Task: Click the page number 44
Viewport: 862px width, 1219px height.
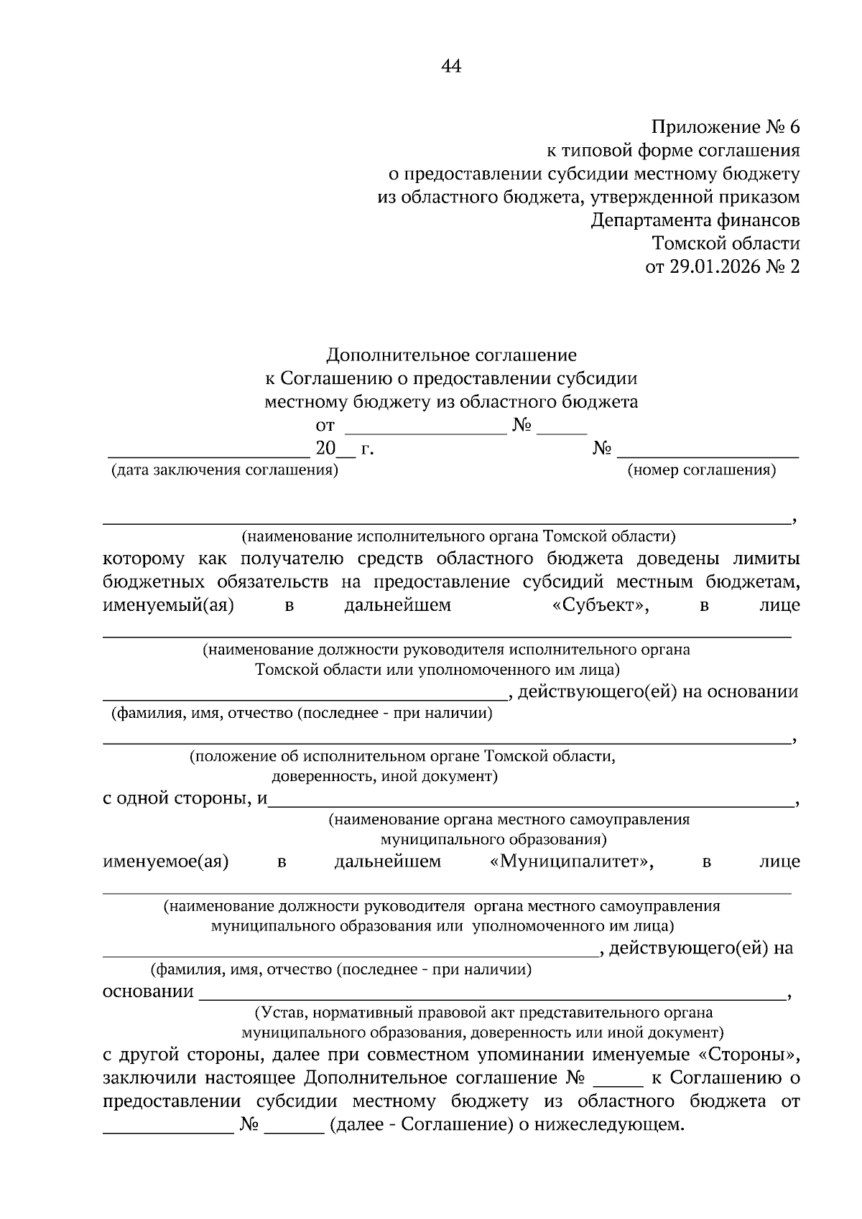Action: (450, 67)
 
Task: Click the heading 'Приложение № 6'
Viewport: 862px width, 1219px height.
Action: (725, 128)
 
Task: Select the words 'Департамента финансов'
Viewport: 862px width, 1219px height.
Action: (695, 220)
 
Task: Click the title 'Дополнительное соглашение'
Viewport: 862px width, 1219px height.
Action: (451, 355)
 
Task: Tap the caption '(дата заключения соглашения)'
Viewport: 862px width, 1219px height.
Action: (224, 471)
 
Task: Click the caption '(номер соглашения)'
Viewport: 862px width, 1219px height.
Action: (701, 471)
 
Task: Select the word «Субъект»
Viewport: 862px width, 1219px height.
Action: (601, 605)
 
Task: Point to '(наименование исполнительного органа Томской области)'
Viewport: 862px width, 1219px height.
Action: (458, 536)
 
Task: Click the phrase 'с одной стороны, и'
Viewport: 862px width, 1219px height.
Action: (185, 798)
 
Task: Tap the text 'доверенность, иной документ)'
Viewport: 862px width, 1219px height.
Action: (384, 776)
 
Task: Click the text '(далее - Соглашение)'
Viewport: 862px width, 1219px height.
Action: (420, 1124)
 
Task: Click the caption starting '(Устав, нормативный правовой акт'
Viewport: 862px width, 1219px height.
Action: (483, 1013)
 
